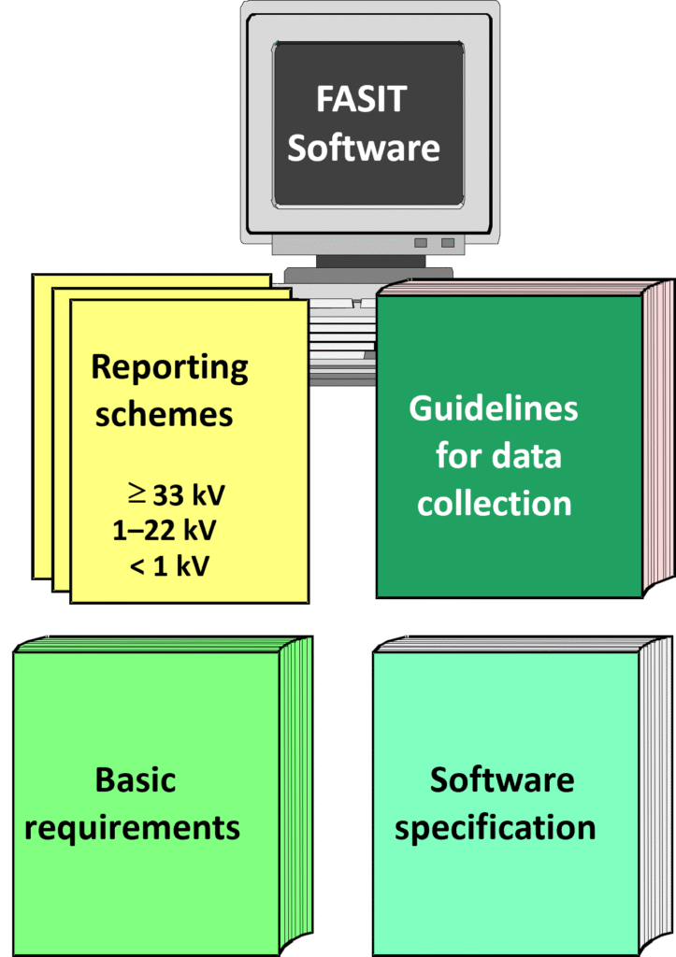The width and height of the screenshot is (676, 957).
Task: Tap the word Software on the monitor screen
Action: point(363,148)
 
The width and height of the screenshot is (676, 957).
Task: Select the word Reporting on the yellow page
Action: point(169,366)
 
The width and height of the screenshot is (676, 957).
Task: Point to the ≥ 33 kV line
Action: point(178,493)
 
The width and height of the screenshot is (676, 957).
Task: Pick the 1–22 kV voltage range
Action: point(165,530)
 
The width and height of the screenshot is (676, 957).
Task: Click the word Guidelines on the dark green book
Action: point(493,408)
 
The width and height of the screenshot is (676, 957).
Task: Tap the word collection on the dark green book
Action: point(494,504)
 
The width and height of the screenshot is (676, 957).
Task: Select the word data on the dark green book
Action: point(526,456)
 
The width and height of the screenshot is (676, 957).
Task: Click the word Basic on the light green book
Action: point(136,779)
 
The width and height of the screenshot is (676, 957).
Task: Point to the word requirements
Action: point(132,828)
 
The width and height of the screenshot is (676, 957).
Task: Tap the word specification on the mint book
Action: point(495,828)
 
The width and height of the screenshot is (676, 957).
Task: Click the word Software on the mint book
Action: point(502,779)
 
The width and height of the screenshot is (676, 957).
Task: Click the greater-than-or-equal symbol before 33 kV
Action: point(137,492)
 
